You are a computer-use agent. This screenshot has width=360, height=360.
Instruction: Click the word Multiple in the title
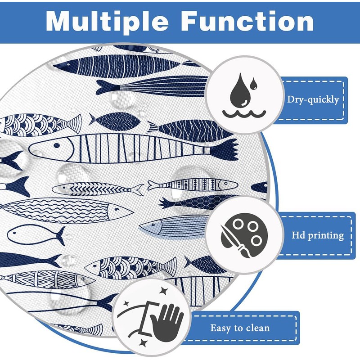pos(107,21)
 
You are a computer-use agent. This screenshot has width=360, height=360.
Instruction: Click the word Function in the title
pos(247,21)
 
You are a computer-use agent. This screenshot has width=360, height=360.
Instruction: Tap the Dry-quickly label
pos(313,99)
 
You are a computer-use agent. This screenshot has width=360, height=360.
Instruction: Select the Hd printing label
pos(318,235)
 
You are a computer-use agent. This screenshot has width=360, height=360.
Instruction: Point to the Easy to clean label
pos(240,328)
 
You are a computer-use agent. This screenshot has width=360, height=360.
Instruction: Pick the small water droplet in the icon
pos(253,84)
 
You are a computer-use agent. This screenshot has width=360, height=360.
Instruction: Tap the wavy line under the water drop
pos(244,114)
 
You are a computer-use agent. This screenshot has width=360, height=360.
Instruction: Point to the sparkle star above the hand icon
pos(164,291)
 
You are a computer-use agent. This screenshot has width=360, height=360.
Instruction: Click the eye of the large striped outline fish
pos(57,145)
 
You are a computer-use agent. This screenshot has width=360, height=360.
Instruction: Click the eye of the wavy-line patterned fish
pos(117,209)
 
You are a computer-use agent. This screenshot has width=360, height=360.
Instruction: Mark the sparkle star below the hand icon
pos(144,343)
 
